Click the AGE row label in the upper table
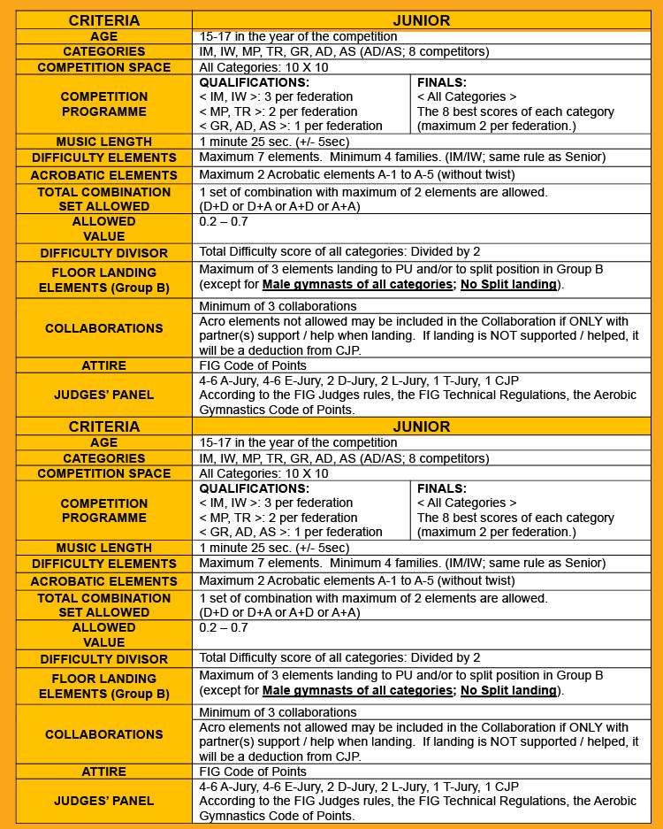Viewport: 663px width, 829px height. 104,36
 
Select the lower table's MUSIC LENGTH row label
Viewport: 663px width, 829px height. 104,548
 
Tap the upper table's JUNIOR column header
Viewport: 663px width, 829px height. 422,19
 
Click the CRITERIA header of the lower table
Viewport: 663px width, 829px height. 104,426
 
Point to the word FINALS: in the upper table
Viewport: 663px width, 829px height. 442,81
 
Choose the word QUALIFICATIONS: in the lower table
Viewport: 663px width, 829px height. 255,487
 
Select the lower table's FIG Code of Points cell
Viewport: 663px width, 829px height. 253,771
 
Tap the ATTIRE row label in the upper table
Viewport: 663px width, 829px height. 104,365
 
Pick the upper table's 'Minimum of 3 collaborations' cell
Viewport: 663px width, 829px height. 278,306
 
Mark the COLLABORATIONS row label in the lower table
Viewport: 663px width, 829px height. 104,734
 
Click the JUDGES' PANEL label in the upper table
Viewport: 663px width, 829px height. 104,395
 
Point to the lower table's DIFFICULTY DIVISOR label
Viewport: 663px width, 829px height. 104,658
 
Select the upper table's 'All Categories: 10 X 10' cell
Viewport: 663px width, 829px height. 263,67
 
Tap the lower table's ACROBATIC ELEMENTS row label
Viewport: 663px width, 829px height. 104,581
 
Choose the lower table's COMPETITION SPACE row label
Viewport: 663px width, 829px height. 104,473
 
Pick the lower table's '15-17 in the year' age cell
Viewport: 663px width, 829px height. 298,442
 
